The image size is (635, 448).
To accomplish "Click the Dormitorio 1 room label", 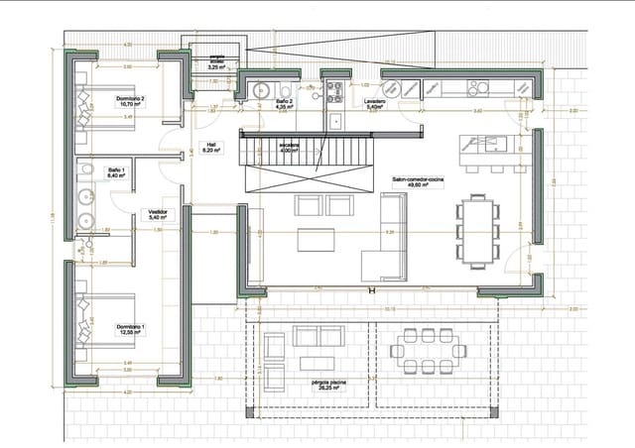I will click(129, 329).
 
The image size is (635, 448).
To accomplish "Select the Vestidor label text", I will click(157, 213).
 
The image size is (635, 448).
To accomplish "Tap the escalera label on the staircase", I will click(289, 148).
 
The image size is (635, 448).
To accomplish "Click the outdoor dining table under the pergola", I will click(431, 349).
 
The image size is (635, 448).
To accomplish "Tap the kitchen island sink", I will click(492, 146).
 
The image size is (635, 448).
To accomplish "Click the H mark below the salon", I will click(371, 291).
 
